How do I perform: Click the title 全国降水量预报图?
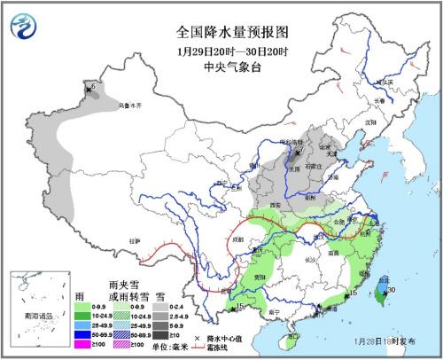pos(221,15)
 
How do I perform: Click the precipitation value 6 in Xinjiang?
pos(93,86)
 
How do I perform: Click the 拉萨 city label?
pos(135,240)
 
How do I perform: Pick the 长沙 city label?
pos(309,260)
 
